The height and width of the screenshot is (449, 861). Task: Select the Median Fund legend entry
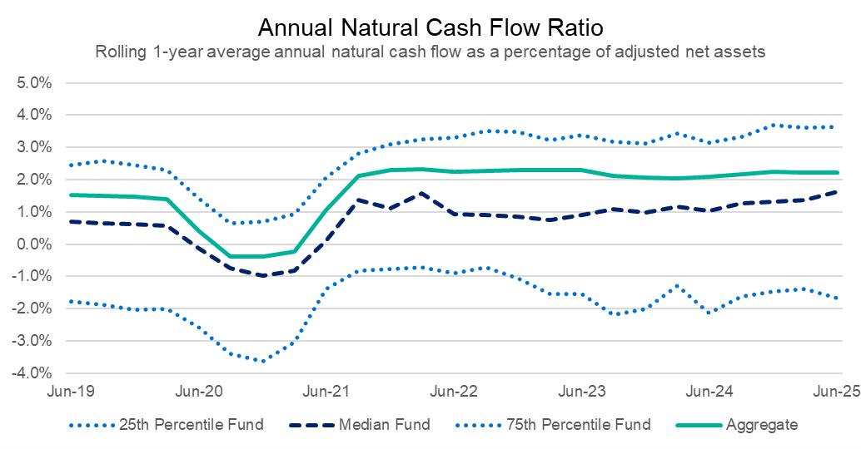(x=385, y=425)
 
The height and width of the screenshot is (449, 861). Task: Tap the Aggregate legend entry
(x=762, y=425)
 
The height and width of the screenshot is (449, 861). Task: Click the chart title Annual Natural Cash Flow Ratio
(x=430, y=27)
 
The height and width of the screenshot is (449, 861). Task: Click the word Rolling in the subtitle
(x=117, y=52)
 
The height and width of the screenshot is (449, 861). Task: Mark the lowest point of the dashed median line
(x=263, y=275)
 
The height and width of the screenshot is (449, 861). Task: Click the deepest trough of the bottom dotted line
(x=263, y=361)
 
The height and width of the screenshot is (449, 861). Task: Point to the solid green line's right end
(x=837, y=173)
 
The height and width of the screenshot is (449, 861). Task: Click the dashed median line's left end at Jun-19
(x=71, y=221)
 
